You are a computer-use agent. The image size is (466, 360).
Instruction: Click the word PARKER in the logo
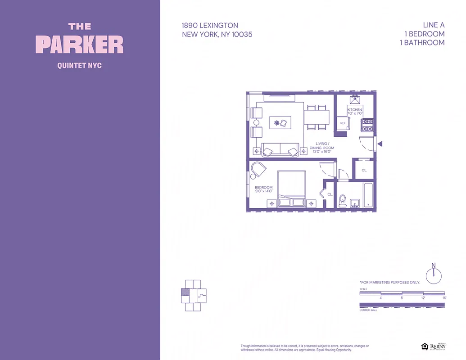click(x=80, y=45)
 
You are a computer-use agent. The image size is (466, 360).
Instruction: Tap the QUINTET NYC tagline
click(x=80, y=66)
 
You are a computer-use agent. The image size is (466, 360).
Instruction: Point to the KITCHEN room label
click(x=354, y=110)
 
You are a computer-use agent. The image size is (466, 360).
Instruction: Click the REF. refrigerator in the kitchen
click(x=343, y=123)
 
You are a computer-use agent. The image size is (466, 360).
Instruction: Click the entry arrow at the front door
click(x=380, y=144)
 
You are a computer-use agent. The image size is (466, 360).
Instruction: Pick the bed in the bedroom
click(x=292, y=188)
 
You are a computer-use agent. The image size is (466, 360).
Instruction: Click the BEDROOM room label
click(x=263, y=188)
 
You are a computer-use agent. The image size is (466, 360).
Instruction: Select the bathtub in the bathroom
click(x=368, y=195)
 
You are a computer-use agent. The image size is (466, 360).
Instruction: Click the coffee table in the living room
click(x=280, y=122)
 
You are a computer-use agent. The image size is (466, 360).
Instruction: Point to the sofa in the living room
click(x=280, y=150)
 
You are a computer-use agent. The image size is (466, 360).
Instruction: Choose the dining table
click(x=317, y=117)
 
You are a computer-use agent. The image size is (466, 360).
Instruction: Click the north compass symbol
click(x=434, y=275)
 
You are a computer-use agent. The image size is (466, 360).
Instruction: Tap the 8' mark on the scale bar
click(x=402, y=298)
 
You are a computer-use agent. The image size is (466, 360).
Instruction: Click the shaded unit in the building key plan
click(x=185, y=292)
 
